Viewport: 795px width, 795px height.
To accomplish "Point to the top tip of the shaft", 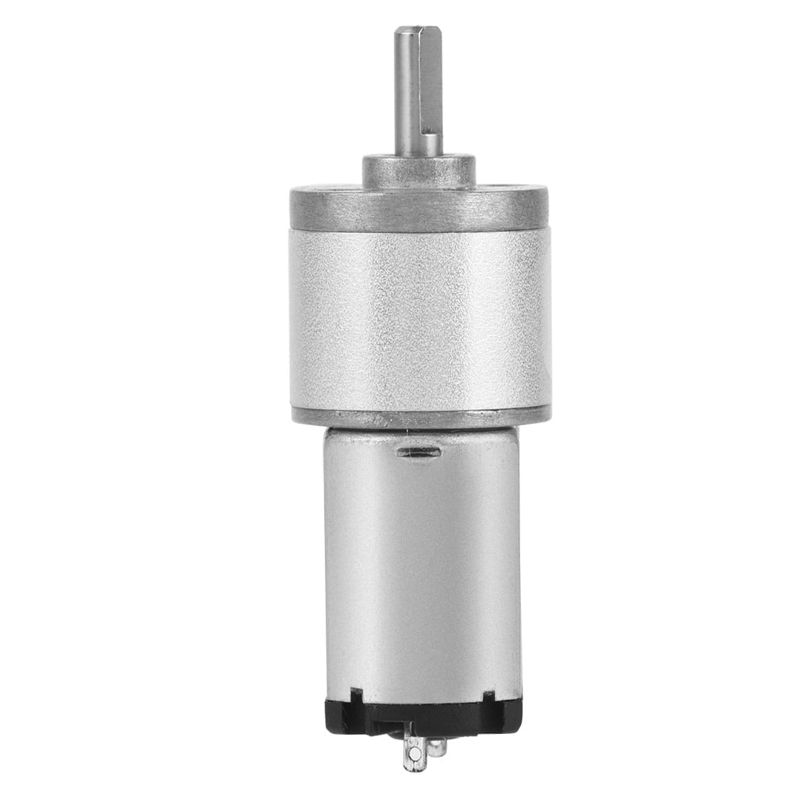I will click(418, 29).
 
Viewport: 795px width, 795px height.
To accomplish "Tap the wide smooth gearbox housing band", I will click(419, 318).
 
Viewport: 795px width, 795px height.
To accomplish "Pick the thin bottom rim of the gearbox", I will click(419, 415).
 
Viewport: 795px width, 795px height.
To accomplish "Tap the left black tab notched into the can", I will click(356, 696).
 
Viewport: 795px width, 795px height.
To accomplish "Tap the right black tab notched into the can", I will click(488, 696).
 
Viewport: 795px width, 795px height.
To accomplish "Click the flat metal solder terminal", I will click(414, 751).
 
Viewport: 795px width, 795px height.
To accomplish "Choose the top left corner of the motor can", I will click(326, 431).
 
